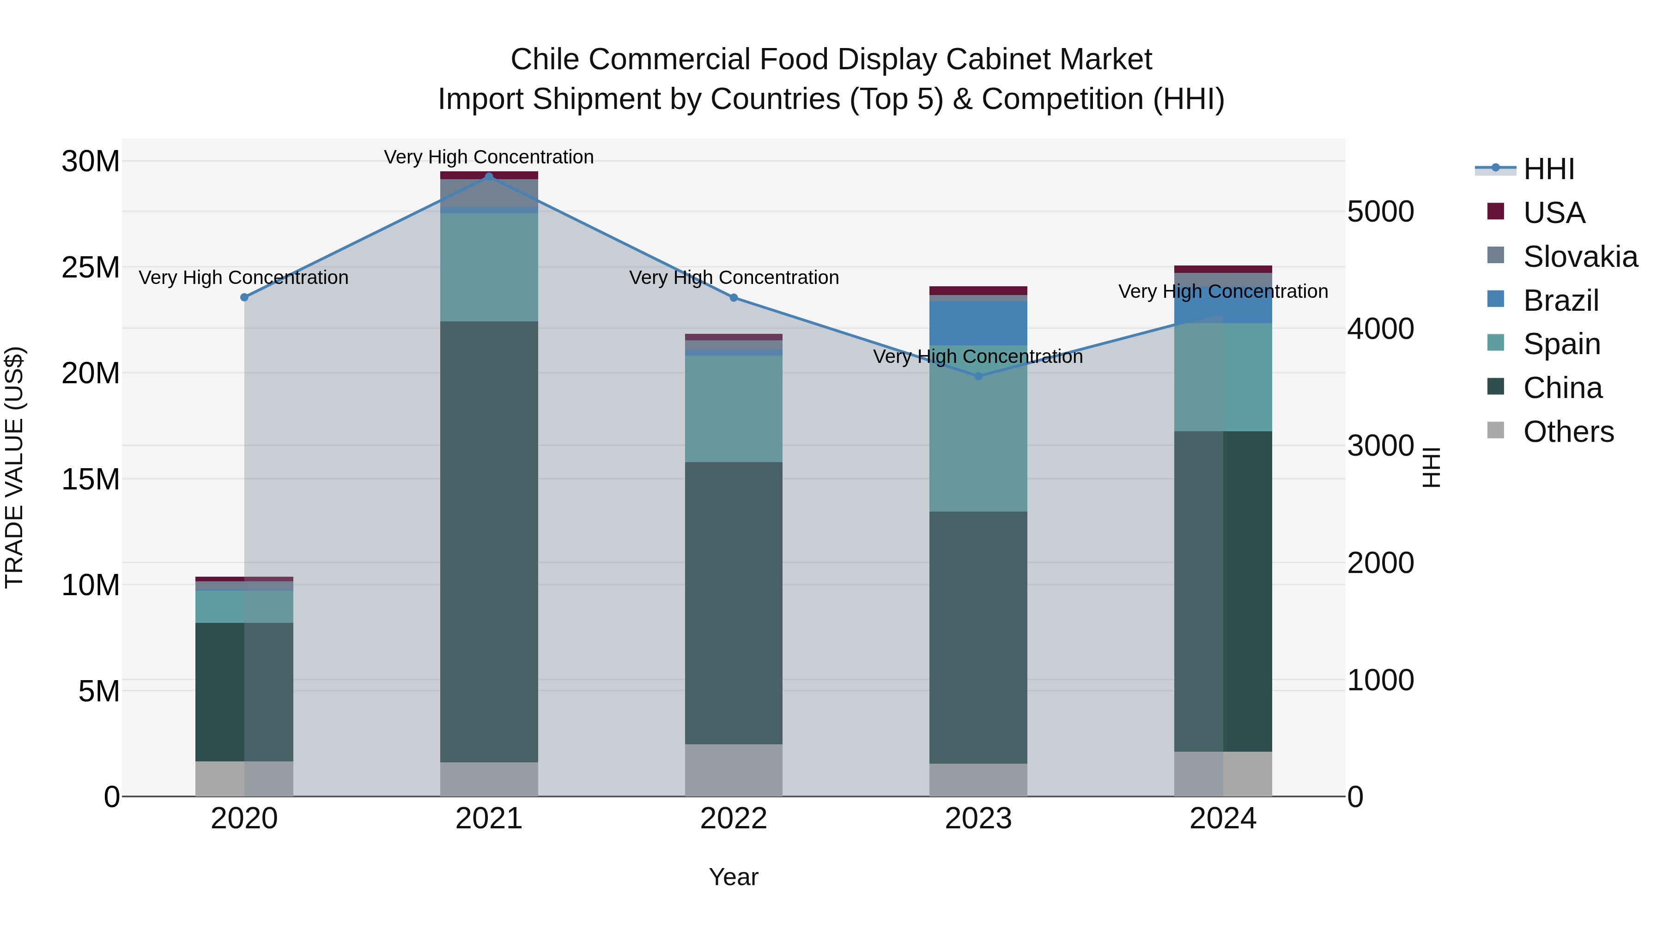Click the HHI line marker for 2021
coord(489,176)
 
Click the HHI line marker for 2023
coord(978,376)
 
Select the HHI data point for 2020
coord(244,297)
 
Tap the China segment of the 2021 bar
coord(489,542)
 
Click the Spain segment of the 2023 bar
coord(978,429)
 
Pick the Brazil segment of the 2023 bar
coord(978,323)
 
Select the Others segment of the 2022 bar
coord(734,771)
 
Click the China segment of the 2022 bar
coord(734,603)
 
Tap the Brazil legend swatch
coord(1495,299)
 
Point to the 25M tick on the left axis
coord(91,267)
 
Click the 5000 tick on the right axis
coord(1380,211)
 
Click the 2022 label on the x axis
coord(734,819)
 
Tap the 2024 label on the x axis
coord(1223,819)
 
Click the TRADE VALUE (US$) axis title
coord(14,467)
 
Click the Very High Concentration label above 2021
coord(489,157)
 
